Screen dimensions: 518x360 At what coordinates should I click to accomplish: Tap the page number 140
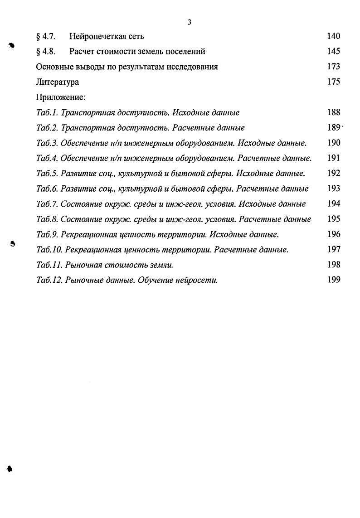click(x=333, y=36)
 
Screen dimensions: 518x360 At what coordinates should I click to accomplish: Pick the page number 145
click(x=333, y=51)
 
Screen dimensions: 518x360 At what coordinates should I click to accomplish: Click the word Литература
click(x=57, y=82)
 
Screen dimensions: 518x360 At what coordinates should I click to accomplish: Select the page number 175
click(x=333, y=82)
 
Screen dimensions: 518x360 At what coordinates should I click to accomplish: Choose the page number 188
click(x=333, y=112)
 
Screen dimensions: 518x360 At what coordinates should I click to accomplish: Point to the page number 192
click(x=333, y=173)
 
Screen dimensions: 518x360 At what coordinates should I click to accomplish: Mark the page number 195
click(x=333, y=219)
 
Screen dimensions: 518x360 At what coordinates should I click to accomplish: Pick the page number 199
click(x=333, y=280)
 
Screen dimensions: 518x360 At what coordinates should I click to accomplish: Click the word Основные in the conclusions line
click(x=54, y=67)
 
